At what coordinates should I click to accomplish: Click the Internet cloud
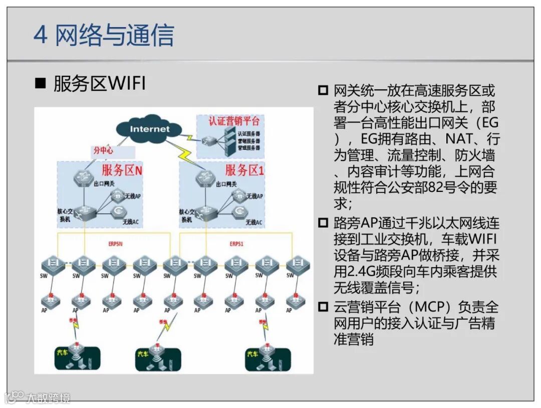pyautogui.click(x=150, y=129)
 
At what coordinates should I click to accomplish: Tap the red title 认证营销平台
pyautogui.click(x=235, y=121)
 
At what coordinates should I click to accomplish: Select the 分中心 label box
pyautogui.click(x=103, y=150)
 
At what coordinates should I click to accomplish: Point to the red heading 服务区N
pyautogui.click(x=122, y=170)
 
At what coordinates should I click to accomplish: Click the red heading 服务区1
pyautogui.click(x=244, y=170)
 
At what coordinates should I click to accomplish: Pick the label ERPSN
pyautogui.click(x=116, y=244)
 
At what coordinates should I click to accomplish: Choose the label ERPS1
pyautogui.click(x=236, y=244)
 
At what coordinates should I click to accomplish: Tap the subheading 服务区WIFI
pyautogui.click(x=99, y=84)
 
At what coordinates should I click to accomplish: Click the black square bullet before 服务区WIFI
pyautogui.click(x=40, y=84)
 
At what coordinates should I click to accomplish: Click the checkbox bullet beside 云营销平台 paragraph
pyautogui.click(x=323, y=306)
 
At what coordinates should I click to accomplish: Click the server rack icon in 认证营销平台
pyautogui.click(x=229, y=140)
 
